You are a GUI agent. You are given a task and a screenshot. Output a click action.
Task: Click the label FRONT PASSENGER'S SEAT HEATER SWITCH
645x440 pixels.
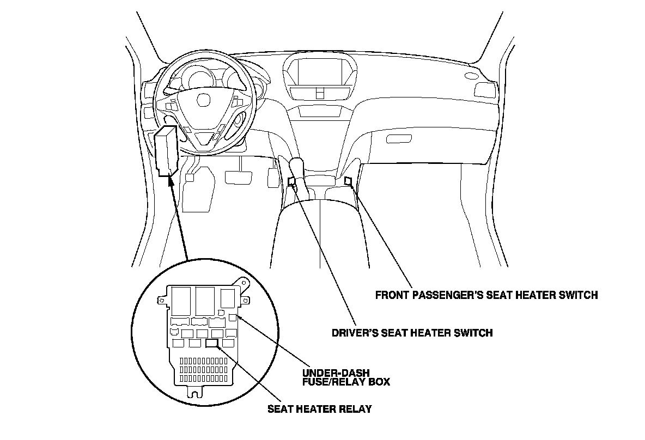(486, 295)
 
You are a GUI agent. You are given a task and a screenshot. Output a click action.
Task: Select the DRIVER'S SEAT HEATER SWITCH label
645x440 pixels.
(412, 332)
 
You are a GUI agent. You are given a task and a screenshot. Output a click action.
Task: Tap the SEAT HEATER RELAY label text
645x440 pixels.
(319, 408)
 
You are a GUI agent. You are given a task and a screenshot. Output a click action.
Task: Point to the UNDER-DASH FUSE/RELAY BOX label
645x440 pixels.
(345, 377)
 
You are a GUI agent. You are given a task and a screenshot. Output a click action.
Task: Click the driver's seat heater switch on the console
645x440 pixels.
(291, 182)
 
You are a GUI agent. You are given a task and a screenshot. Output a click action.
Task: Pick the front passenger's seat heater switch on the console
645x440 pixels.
(348, 180)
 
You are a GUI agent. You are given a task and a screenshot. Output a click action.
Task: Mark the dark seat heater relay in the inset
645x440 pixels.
(211, 343)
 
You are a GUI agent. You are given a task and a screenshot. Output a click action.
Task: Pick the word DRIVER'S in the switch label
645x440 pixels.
(355, 332)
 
